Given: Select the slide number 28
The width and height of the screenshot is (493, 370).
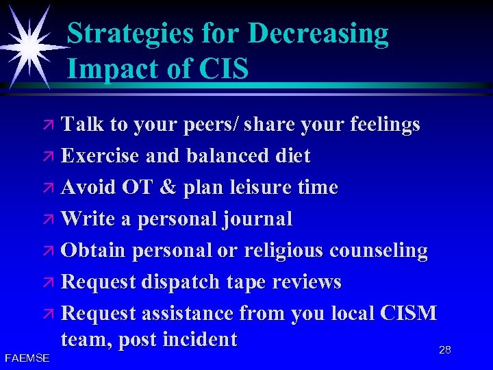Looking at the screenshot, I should pos(445,350).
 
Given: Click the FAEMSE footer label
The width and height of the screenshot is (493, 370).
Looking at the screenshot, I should pos(26,358).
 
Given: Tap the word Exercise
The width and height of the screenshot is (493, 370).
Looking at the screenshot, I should pos(101,156).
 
